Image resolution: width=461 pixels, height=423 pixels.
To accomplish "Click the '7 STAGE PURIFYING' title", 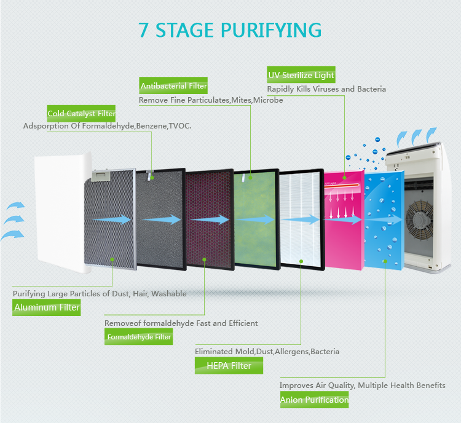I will coord(230,30).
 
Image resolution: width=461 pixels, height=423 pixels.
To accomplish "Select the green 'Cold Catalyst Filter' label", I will coord(81,114).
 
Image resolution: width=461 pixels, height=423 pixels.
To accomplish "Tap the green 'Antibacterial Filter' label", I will coord(173,86).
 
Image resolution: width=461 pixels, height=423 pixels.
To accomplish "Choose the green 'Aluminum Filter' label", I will coord(47,307).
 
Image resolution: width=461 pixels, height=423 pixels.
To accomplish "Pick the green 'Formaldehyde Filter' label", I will coord(139,337).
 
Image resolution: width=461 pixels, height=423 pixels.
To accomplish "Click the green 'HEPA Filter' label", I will coord(229,366).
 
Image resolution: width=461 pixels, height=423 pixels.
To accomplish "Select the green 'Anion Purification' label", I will coord(314,400).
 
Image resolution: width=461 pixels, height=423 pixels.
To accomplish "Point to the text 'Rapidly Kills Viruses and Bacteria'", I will coord(326,89).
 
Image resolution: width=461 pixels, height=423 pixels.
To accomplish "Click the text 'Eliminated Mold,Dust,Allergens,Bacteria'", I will coord(267,352).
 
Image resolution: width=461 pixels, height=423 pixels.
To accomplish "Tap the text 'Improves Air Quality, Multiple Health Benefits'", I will coord(362,385).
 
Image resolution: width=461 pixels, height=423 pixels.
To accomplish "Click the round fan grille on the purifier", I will coord(424,218).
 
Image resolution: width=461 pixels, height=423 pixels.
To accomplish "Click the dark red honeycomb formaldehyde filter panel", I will coord(208,219).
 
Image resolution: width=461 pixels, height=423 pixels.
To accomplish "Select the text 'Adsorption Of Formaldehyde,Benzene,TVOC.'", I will coord(107,126).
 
